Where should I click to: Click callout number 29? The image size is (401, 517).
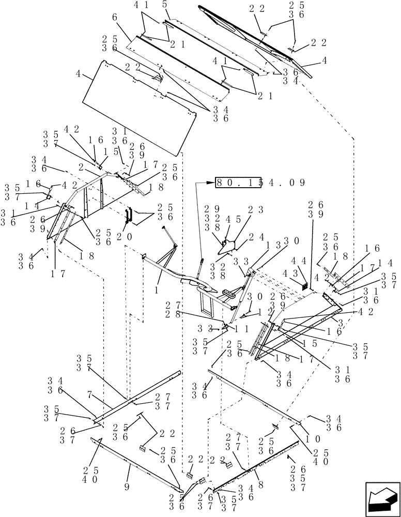(x=208, y=210)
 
